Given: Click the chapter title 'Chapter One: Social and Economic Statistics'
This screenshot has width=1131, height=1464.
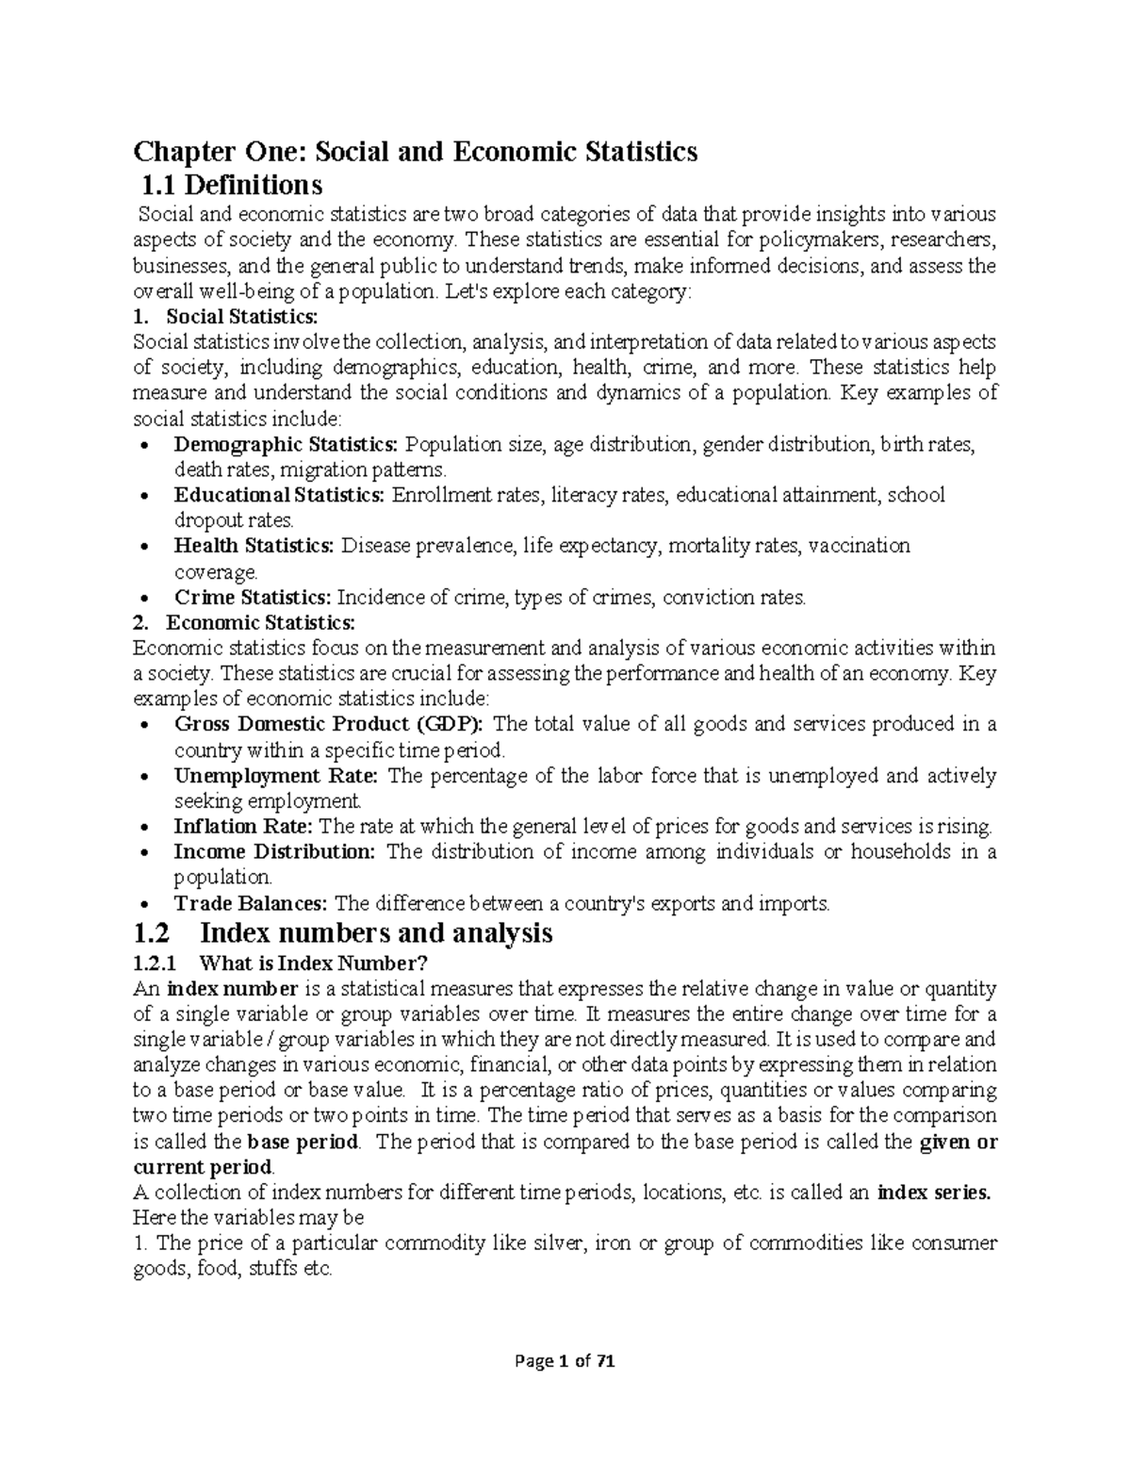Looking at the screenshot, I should click(415, 152).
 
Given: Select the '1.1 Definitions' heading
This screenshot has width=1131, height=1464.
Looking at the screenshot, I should click(230, 183).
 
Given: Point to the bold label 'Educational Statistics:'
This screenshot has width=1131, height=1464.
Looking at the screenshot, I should click(279, 495).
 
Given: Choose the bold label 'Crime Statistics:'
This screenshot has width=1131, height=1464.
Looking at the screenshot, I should click(253, 597).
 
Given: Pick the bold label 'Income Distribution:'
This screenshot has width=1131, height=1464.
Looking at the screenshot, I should click(274, 852).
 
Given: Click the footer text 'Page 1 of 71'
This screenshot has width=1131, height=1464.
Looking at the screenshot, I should click(565, 1360).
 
